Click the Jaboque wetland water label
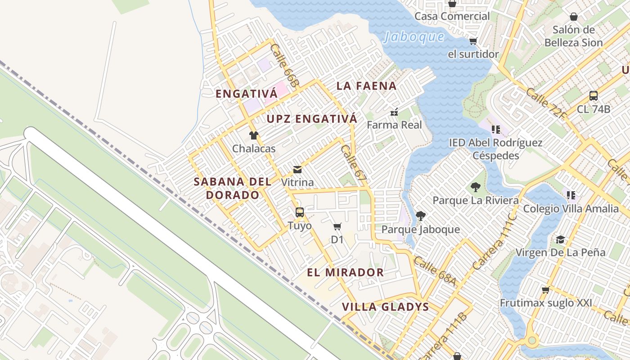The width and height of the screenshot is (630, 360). point(414,36)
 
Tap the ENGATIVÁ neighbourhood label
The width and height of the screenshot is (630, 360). point(247,94)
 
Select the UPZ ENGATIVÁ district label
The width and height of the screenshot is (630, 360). point(312,119)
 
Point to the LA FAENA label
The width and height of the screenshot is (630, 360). point(366,86)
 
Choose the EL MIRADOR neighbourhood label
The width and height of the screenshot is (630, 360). point(345,272)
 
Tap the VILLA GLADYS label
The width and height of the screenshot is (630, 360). point(385,307)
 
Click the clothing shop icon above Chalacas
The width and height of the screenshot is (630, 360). point(254,135)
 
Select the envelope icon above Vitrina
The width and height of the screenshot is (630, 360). point(297,170)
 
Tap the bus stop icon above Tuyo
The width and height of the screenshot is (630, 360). point(299,212)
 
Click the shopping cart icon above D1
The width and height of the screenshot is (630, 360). point(337,226)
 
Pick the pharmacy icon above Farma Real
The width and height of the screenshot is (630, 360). point(394,112)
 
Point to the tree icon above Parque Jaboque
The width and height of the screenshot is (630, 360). point(421,216)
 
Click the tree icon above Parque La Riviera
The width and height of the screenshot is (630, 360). point(475,187)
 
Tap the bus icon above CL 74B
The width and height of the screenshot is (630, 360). point(593,95)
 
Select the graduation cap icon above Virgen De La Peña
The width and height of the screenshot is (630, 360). point(560,239)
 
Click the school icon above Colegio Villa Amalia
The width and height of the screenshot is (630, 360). point(571,195)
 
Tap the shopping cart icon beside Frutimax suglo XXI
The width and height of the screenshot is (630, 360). point(546,289)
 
